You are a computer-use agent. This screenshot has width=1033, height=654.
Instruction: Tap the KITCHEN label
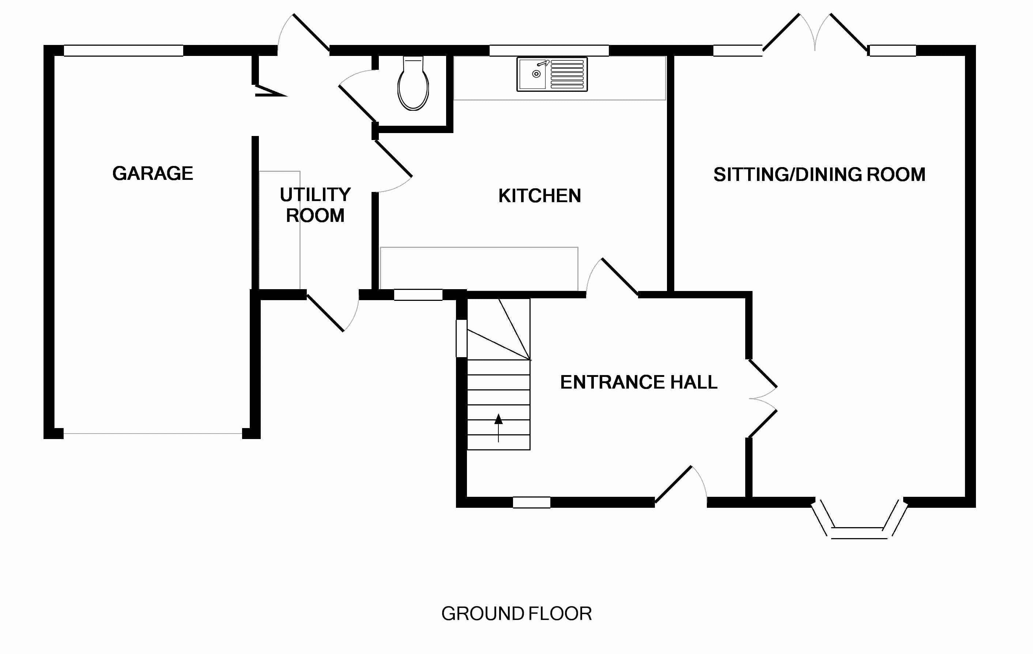(539, 196)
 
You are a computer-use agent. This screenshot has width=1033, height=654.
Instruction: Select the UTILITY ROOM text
(315, 205)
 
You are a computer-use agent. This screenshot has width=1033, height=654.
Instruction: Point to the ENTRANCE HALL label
(638, 382)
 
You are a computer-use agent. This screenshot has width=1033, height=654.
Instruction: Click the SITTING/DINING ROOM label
(819, 174)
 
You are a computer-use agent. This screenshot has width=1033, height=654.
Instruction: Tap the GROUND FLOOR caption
(516, 614)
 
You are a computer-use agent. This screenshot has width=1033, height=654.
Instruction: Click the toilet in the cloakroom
(413, 85)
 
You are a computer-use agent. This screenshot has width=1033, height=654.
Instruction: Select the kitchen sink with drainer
(552, 74)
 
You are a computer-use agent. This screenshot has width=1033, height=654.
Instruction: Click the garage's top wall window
(124, 50)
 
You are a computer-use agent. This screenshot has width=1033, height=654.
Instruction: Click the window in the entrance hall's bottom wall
(532, 502)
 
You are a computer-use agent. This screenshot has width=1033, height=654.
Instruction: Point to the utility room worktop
(279, 230)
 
